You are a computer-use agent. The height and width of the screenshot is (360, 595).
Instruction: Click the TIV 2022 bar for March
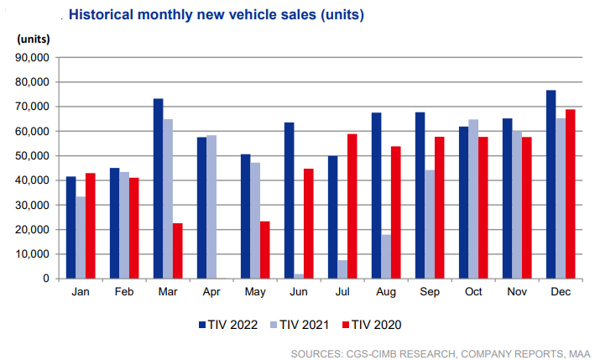tap(158, 189)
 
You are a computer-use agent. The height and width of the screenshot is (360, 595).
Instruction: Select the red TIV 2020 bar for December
tap(571, 194)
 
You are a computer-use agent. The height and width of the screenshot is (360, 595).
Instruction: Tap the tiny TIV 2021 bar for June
tap(299, 275)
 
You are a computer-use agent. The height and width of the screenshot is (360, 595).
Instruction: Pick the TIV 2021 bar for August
tap(386, 256)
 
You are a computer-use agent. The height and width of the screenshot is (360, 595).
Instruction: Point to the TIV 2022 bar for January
tap(70, 227)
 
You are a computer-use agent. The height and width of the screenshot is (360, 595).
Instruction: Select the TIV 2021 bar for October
tap(473, 199)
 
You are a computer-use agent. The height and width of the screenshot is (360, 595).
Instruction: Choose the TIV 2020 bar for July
tap(352, 206)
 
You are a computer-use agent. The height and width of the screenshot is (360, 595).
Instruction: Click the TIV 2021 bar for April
tap(211, 206)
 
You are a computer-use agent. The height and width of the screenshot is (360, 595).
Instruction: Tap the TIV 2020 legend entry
tap(371, 323)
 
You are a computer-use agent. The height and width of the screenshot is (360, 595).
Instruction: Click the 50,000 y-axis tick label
tap(33, 156)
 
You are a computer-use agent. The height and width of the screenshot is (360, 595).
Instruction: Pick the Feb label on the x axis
tap(124, 291)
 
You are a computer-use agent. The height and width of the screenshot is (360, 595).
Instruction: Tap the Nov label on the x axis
tap(517, 291)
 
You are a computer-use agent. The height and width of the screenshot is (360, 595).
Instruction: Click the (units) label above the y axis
tap(33, 39)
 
